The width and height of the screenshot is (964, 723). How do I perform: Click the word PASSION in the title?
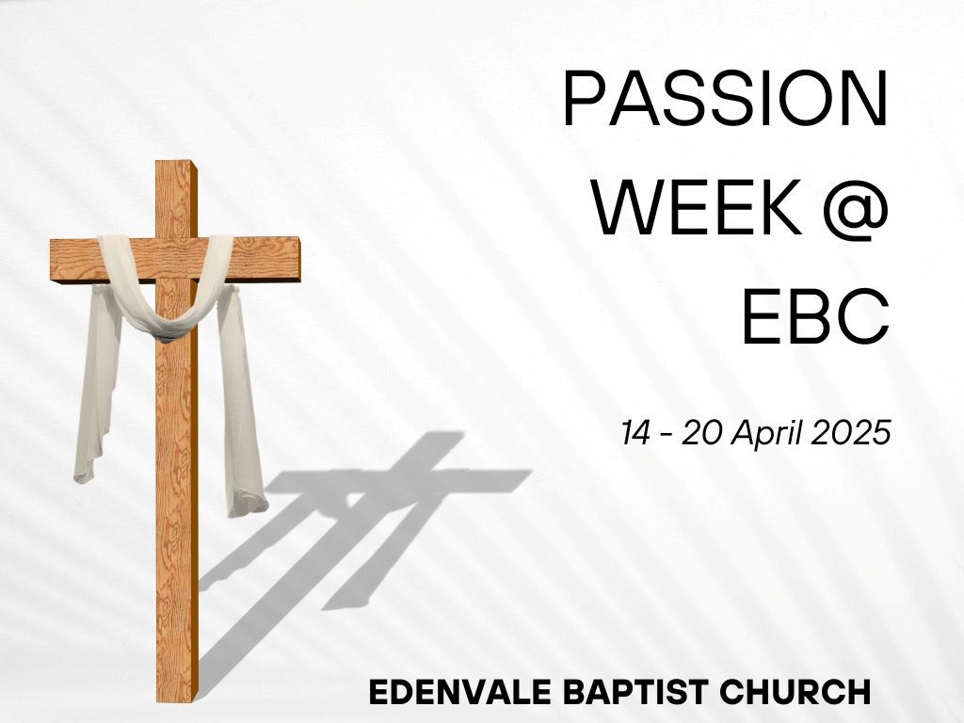pos(726,98)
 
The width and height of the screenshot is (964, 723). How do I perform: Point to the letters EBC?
pos(815,316)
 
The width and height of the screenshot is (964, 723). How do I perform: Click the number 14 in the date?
pos(635,433)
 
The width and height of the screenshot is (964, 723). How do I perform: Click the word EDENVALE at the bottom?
pos(459,692)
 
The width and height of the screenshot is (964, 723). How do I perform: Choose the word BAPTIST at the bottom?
pos(636,692)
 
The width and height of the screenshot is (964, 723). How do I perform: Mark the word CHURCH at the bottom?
pos(795,692)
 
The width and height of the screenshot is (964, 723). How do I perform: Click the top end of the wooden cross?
pos(176,163)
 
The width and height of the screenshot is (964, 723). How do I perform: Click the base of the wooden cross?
pos(178,699)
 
